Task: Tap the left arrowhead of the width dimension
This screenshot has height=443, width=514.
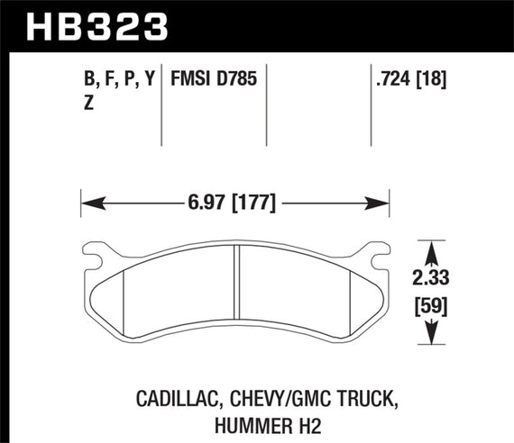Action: tap(88, 202)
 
